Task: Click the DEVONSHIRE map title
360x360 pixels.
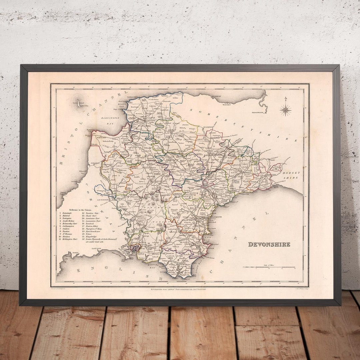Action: tap(269, 244)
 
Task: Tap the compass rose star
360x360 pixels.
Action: tap(285, 110)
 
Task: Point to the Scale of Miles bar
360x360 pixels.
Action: tap(269, 267)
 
